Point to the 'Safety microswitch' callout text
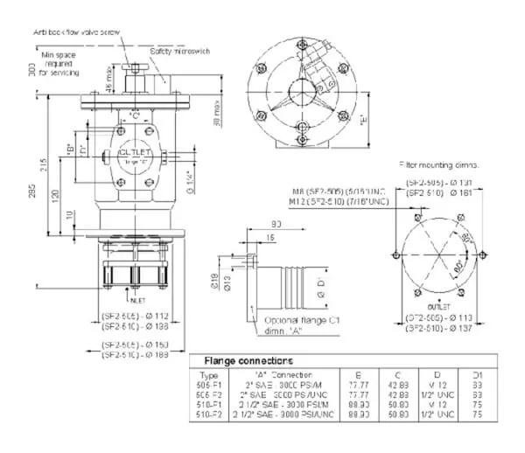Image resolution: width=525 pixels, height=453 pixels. [179, 52]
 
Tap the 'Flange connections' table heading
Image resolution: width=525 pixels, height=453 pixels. [248, 359]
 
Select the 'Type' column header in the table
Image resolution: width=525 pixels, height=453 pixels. [210, 374]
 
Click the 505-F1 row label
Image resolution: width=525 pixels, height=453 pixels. [211, 384]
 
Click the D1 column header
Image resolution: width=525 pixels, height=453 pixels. [476, 374]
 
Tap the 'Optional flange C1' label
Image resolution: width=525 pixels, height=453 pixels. [301, 320]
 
